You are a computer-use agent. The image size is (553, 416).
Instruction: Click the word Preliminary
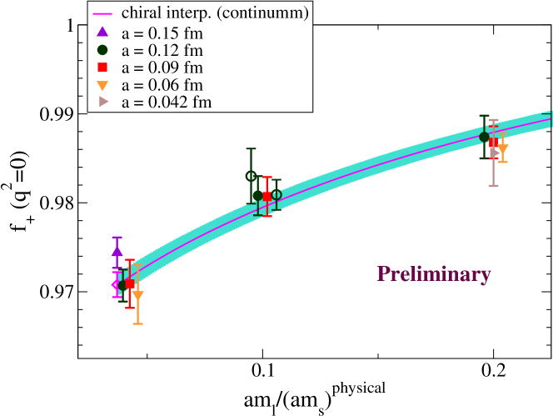[x=433, y=274]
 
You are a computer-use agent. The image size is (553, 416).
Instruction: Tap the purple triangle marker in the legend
[x=102, y=32]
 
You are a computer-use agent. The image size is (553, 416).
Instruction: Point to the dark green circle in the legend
[x=102, y=49]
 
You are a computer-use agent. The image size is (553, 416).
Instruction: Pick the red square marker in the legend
[x=102, y=67]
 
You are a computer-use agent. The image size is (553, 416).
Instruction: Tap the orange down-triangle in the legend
[x=102, y=85]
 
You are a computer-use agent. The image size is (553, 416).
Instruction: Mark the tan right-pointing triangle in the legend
[x=102, y=102]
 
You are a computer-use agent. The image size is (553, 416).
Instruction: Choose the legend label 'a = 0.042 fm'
[x=166, y=103]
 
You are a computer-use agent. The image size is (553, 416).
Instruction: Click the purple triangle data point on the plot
[x=117, y=250]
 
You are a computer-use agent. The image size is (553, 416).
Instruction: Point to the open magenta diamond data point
[x=117, y=284]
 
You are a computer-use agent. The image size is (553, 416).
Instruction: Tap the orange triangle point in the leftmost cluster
[x=137, y=296]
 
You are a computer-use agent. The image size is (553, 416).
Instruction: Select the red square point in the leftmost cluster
[x=129, y=284]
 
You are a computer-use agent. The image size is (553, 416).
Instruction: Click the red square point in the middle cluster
[x=267, y=197]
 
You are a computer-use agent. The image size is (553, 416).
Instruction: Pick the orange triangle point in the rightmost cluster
[x=502, y=149]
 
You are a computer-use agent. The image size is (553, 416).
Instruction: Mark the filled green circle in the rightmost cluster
[x=484, y=137]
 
